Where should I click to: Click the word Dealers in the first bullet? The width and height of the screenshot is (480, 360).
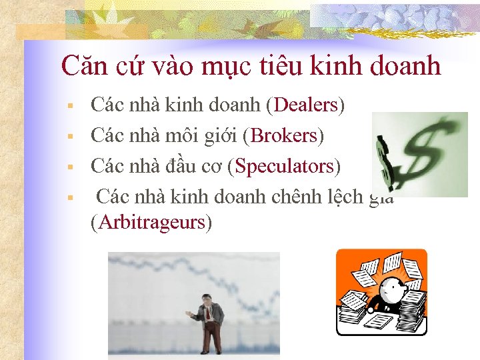click(306, 105)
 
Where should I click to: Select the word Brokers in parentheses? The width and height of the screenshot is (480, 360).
click(283, 135)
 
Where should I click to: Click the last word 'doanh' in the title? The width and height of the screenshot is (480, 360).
click(406, 65)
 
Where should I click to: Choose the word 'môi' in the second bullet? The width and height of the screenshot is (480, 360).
click(183, 135)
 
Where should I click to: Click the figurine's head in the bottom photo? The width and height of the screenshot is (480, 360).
click(208, 301)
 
